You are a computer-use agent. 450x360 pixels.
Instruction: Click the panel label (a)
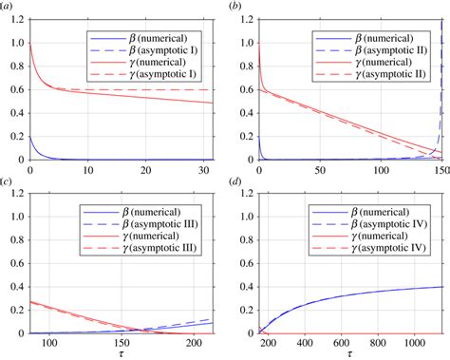coord(8,8)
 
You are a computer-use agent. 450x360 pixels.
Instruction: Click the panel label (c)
coord(8,183)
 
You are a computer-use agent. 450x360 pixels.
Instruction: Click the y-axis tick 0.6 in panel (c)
coord(16,264)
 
